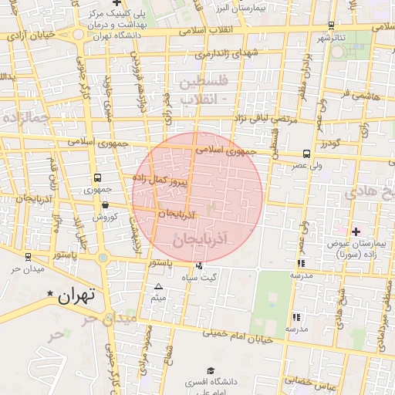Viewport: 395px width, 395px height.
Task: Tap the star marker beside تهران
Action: [51, 294]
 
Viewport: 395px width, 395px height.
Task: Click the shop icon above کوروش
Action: [105, 205]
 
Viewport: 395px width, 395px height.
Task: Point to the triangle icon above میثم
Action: [158, 287]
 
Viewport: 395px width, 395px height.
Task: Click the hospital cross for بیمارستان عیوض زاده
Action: [356, 231]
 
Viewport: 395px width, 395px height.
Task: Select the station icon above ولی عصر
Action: [307, 154]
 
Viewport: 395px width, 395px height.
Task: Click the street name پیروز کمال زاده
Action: [160, 181]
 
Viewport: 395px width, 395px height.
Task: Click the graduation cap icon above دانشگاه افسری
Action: [209, 370]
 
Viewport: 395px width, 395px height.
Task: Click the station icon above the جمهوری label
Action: [96, 177]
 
